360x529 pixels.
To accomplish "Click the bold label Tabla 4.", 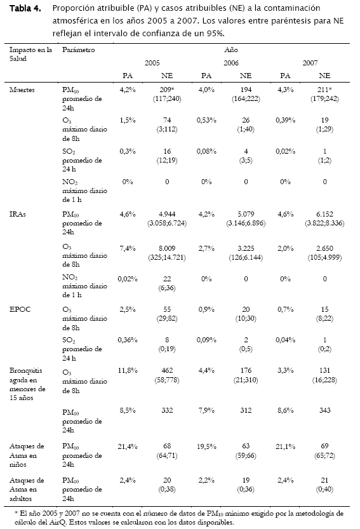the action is (25, 8).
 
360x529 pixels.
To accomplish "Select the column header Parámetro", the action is (78, 50).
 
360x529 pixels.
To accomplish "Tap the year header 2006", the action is (230, 63).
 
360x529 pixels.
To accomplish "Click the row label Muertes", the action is (22, 90).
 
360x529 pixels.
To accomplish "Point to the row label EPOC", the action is (20, 309).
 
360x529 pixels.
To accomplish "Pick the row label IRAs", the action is (18, 214).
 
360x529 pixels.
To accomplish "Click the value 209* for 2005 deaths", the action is (167, 90).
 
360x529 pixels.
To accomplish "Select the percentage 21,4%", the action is (128, 446).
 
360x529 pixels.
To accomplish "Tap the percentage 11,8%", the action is (128, 370).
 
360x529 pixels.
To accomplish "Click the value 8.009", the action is (167, 248).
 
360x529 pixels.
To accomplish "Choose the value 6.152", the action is (324, 214).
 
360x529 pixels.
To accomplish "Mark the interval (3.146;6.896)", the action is (246, 223).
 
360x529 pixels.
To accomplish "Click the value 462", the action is (167, 370).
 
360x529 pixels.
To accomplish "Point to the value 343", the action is (324, 410).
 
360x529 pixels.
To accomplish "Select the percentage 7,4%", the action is (128, 248).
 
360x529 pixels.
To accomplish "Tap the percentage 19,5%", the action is (206, 446).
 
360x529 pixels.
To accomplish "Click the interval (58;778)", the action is (167, 380).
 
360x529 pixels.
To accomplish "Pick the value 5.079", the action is (246, 214).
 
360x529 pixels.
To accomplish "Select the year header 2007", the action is (310, 63).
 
